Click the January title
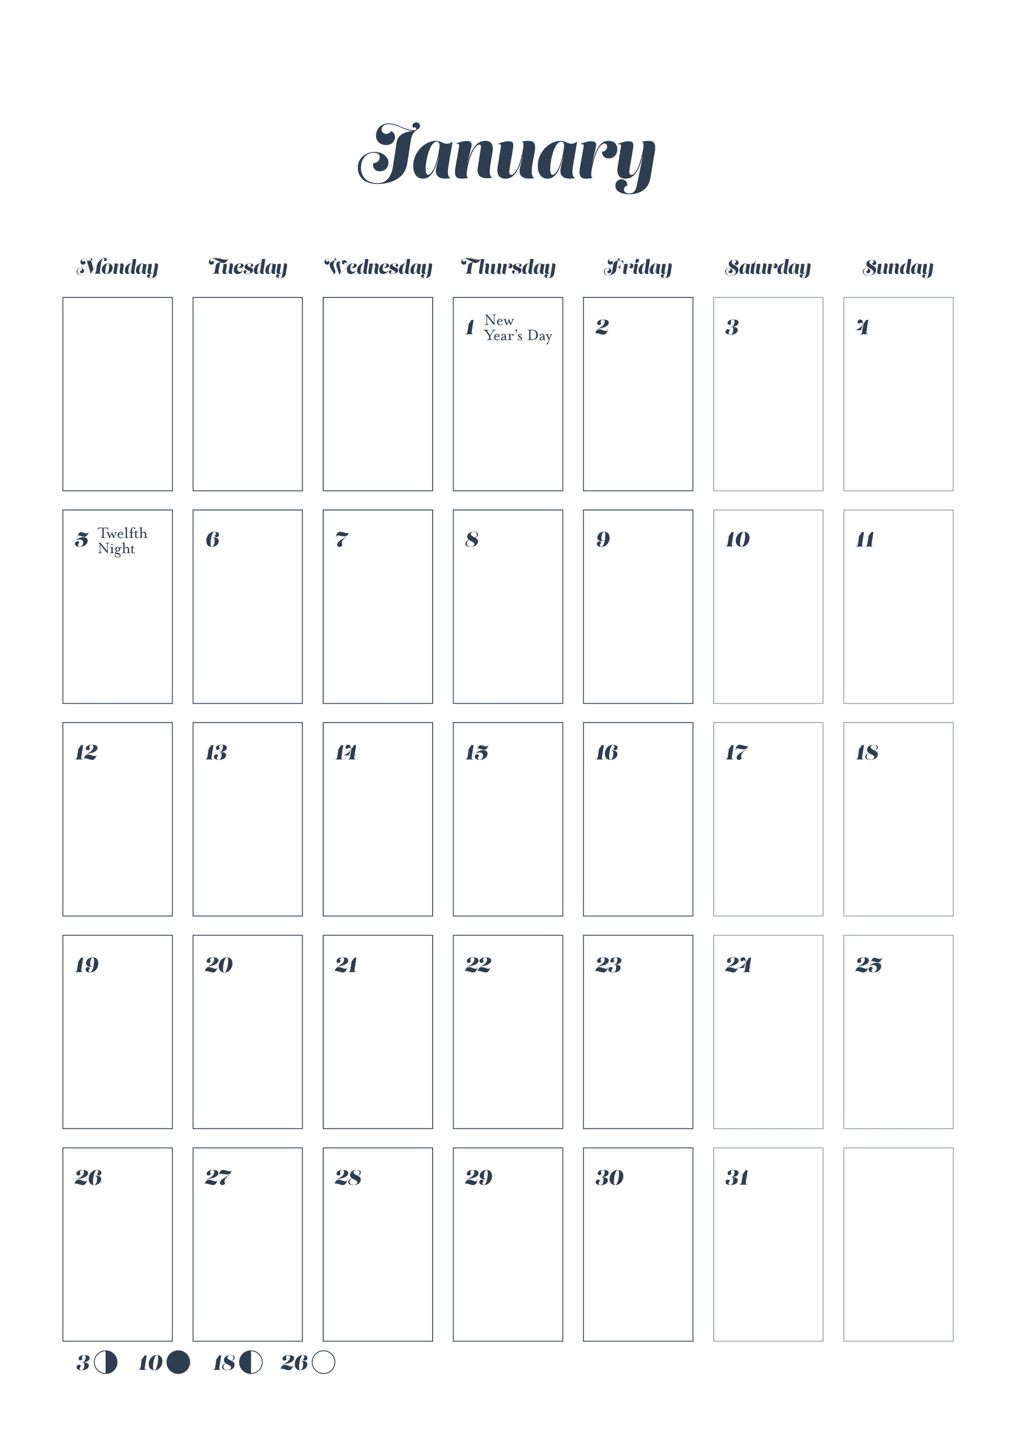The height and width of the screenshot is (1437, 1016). [x=507, y=155]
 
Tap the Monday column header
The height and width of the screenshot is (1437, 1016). [x=117, y=267]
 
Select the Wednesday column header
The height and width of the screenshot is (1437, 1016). [x=378, y=267]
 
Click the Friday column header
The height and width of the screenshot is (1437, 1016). [x=637, y=267]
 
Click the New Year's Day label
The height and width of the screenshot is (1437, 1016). [x=518, y=328]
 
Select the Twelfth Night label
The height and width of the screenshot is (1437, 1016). [x=122, y=541]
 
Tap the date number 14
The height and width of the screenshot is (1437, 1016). [x=346, y=752]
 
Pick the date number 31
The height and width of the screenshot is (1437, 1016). [x=737, y=1178]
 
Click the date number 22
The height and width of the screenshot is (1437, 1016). [x=478, y=965]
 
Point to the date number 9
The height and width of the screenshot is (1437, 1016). [x=603, y=540]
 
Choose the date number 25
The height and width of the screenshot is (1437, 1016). [x=868, y=965]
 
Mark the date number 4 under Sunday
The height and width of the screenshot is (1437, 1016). [x=863, y=327]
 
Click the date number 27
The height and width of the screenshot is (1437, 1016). [x=218, y=1178]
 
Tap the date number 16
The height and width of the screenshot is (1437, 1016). [x=607, y=752]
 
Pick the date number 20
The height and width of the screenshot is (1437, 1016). [x=218, y=965]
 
